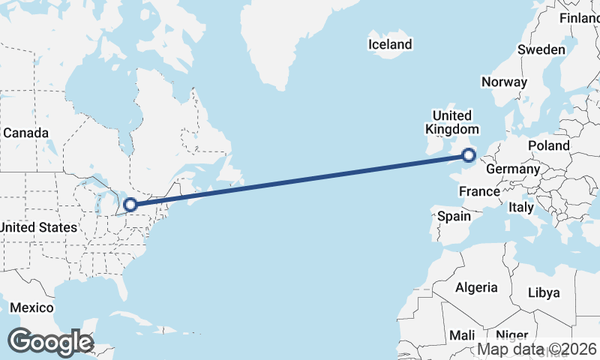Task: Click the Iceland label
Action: tap(390, 44)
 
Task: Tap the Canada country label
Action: tap(25, 133)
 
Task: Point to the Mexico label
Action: tap(31, 308)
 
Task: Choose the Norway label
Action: tap(504, 82)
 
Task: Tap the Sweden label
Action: tap(541, 49)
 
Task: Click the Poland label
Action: tap(548, 145)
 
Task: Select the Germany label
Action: tap(512, 169)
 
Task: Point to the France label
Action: tap(479, 191)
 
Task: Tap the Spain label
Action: tap(454, 216)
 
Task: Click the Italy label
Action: tap(520, 206)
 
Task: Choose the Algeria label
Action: tap(476, 287)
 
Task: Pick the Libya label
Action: tap(544, 292)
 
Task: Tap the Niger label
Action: tap(512, 335)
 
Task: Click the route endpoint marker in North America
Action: tap(130, 204)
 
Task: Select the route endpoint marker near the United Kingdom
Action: tap(469, 156)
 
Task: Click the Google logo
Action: tap(50, 342)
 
